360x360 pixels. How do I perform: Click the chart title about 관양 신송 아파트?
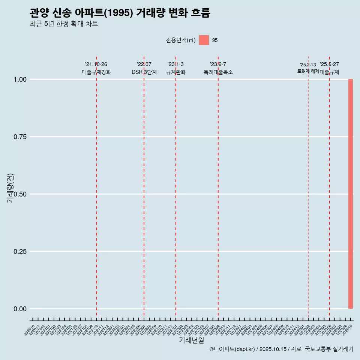click(120, 13)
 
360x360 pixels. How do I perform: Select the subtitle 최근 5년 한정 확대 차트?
click(64, 24)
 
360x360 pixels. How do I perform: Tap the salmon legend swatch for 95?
click(204, 40)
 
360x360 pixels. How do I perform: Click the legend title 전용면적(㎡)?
click(180, 40)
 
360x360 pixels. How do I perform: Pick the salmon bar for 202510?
click(351, 194)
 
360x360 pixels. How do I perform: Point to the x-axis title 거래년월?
click(191, 340)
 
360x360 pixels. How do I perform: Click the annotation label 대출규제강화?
click(96, 72)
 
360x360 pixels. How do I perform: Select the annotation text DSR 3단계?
click(144, 72)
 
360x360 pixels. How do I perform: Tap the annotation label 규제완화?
click(176, 72)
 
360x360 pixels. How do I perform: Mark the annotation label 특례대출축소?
click(218, 72)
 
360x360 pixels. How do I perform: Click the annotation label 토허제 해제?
click(308, 71)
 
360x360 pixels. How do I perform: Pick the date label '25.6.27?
click(329, 64)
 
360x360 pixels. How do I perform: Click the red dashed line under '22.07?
click(144, 187)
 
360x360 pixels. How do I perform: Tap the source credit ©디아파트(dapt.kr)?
click(232, 349)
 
